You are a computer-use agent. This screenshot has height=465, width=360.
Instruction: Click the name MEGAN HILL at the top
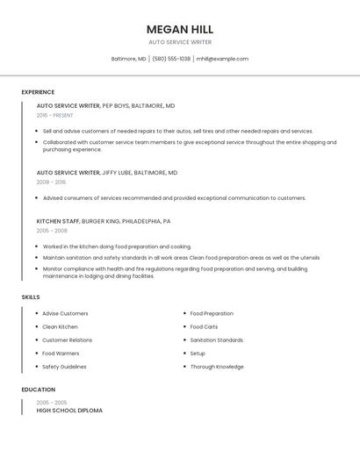pos(180,29)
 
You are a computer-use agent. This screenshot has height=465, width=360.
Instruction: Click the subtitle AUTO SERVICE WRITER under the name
pos(180,42)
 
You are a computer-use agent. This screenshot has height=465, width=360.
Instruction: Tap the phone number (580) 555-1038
pos(171,59)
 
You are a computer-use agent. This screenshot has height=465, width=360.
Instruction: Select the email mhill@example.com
pos(222,59)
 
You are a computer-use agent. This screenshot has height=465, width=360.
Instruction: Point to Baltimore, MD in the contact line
pos(129,59)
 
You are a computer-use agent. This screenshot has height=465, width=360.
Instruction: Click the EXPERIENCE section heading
pos(38,92)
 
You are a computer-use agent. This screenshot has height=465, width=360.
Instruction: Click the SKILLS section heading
pos(31,297)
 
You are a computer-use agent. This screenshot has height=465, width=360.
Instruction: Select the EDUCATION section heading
pos(39,390)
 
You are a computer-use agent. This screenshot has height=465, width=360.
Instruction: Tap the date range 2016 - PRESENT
pos(55,115)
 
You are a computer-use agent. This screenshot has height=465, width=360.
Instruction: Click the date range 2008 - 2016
pos(51,182)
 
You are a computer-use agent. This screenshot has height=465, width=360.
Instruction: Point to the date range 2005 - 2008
pos(52,231)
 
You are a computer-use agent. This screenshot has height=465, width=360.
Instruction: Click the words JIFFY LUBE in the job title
pos(119,173)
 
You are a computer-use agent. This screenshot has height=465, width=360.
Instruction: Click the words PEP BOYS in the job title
pos(116,105)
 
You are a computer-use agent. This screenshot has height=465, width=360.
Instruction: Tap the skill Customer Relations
pos(67,340)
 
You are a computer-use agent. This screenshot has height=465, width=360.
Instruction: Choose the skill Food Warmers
pos(61,353)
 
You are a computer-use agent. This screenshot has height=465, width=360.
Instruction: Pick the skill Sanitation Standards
pos(217,340)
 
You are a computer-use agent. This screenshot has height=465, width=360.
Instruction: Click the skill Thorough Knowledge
pos(217,367)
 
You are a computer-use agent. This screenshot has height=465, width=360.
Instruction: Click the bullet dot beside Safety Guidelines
pos(36,367)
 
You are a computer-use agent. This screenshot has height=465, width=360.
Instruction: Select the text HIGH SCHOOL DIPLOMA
pos(69,411)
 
